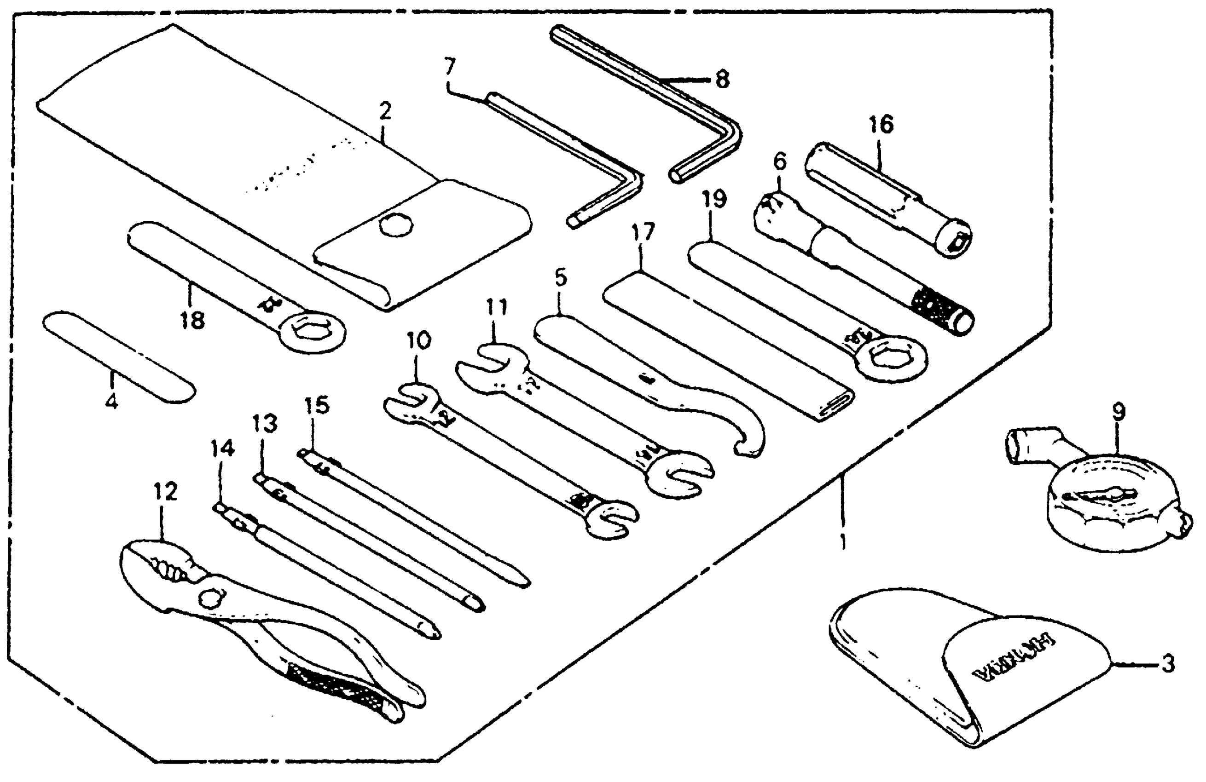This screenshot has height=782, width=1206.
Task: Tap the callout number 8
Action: [722, 80]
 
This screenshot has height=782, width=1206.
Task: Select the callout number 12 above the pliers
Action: [166, 491]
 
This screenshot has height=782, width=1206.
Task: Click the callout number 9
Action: [1119, 412]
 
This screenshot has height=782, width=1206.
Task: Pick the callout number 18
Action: [193, 320]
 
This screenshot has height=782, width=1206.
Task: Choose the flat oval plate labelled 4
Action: [119, 356]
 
